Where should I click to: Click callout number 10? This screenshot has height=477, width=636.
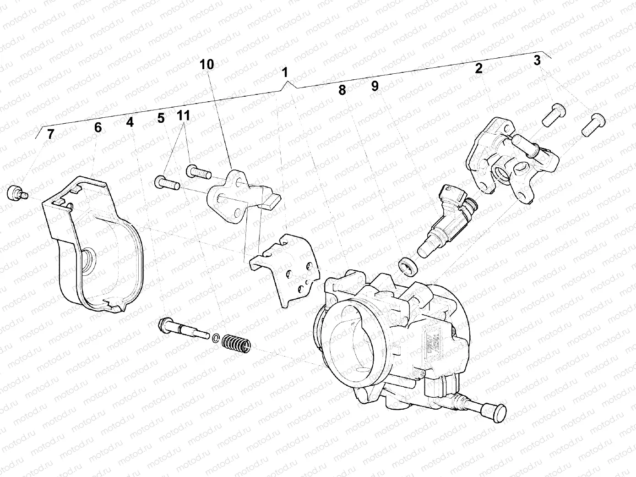pyautogui.click(x=207, y=65)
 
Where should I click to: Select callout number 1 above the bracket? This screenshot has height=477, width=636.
pyautogui.click(x=285, y=72)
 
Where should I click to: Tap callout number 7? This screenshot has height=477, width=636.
pyautogui.click(x=50, y=134)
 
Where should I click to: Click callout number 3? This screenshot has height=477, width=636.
pyautogui.click(x=537, y=60)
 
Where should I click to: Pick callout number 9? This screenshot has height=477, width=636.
pyautogui.click(x=375, y=86)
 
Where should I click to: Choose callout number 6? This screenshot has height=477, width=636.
pyautogui.click(x=98, y=127)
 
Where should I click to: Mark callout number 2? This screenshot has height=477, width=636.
pyautogui.click(x=478, y=69)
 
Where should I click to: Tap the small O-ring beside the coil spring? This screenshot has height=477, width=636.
pyautogui.click(x=215, y=339)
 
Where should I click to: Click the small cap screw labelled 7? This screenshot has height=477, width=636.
pyautogui.click(x=16, y=192)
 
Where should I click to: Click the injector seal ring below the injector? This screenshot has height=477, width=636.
pyautogui.click(x=407, y=266)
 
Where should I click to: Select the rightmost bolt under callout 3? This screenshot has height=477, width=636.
pyautogui.click(x=593, y=125)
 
